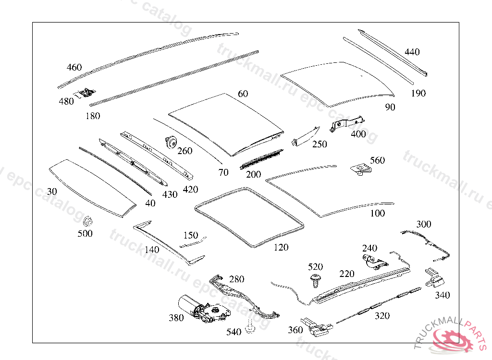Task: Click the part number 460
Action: pos(74,68)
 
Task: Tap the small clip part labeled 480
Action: pos(86,92)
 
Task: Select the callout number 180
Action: pos(93,116)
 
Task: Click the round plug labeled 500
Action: pos(88,222)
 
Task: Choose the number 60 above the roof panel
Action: pos(243,94)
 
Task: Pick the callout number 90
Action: pos(390,108)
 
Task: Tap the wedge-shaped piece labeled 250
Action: pos(305,135)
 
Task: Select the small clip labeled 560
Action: pos(361,169)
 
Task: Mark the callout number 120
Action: pos(281,248)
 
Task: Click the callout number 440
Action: pos(412,52)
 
